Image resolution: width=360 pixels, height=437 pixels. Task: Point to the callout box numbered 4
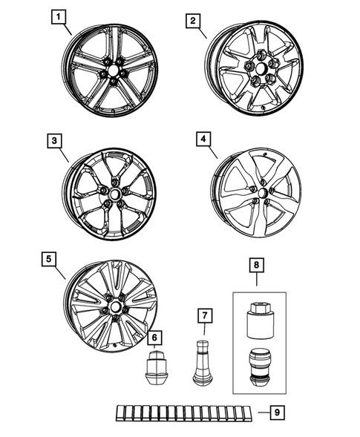pos(203,139)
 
